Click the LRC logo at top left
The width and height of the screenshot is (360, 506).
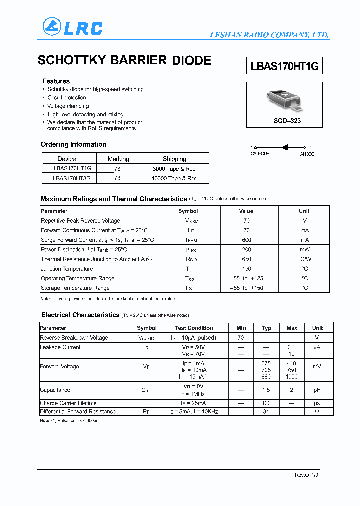72,27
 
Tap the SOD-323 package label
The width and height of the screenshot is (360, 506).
287,121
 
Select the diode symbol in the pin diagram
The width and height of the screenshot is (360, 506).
284,147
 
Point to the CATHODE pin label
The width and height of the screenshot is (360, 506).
260,154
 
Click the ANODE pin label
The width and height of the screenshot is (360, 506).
307,154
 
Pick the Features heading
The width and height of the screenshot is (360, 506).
56,81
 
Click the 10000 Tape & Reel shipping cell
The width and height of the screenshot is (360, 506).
175,178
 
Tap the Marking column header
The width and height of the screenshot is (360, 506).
118,159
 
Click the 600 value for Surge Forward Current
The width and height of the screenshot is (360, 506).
246,240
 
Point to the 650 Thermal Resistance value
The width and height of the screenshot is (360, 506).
246,259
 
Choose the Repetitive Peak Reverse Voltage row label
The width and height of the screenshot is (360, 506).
80,221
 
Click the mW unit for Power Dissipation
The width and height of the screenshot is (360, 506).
304,249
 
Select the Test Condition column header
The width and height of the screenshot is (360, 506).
194,328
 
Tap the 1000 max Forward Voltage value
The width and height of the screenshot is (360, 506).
292,377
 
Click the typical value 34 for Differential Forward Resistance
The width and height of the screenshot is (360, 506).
266,412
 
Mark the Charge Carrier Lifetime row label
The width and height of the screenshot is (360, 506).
68,403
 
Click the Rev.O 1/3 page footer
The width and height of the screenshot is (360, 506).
306,475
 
